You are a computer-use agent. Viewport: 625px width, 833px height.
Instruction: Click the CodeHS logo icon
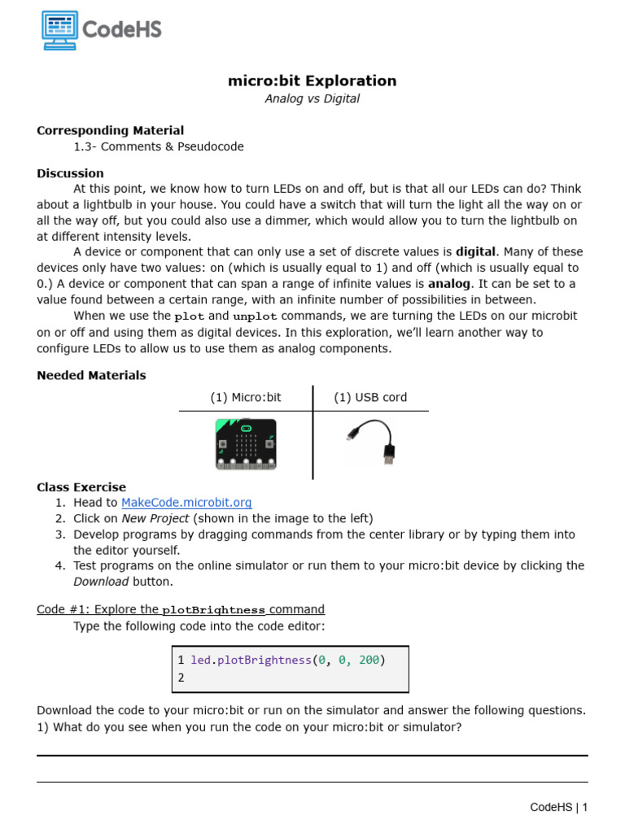pyautogui.click(x=59, y=30)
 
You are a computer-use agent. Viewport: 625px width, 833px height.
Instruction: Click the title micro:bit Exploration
pyautogui.click(x=312, y=81)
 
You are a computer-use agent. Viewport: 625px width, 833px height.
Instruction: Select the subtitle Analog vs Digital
pyautogui.click(x=312, y=99)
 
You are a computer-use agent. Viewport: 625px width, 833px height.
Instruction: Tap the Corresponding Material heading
pyautogui.click(x=110, y=130)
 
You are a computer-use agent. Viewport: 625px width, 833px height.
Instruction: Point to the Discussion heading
pyautogui.click(x=70, y=173)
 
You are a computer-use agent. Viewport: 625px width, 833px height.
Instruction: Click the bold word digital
pyautogui.click(x=475, y=252)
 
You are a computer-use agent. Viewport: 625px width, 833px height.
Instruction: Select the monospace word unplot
pyautogui.click(x=255, y=316)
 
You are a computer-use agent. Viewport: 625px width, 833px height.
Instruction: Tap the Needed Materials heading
pyautogui.click(x=91, y=375)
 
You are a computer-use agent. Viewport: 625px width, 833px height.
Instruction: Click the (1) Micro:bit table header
pyautogui.click(x=245, y=398)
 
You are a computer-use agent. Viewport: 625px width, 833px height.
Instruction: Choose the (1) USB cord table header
pyautogui.click(x=370, y=398)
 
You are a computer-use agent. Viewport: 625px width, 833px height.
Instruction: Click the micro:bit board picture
pyautogui.click(x=246, y=444)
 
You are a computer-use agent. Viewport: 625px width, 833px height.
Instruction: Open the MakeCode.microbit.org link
pyautogui.click(x=186, y=503)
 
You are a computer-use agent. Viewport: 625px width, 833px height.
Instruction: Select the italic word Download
pyautogui.click(x=101, y=581)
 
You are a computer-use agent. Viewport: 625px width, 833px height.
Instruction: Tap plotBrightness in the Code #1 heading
pyautogui.click(x=213, y=610)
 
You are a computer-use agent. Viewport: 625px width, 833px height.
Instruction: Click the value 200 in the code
pyautogui.click(x=369, y=660)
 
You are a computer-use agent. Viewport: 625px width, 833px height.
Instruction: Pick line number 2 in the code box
pyautogui.click(x=181, y=678)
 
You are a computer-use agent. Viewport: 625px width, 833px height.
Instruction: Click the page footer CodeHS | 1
pyautogui.click(x=558, y=807)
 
